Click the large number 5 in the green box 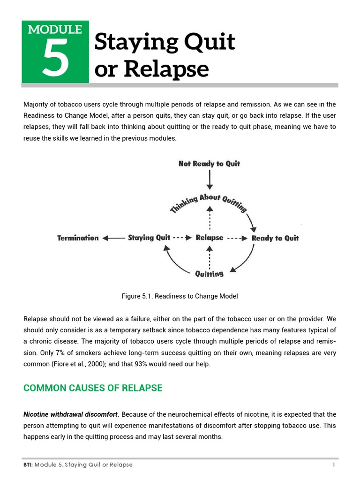click(x=55, y=59)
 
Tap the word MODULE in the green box click(x=55, y=30)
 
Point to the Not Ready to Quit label click(x=209, y=164)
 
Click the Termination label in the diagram click(x=78, y=238)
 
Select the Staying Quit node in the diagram click(x=149, y=238)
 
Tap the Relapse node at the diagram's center click(x=210, y=238)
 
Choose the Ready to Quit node click(x=275, y=238)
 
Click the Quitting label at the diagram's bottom click(x=209, y=274)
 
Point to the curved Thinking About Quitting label click(x=209, y=202)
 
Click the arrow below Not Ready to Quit click(x=210, y=180)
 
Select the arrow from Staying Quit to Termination click(x=113, y=238)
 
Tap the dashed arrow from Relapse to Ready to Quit click(x=237, y=238)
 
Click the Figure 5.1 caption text click(x=180, y=296)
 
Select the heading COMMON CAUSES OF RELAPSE click(x=93, y=388)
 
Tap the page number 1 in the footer click(x=334, y=465)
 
